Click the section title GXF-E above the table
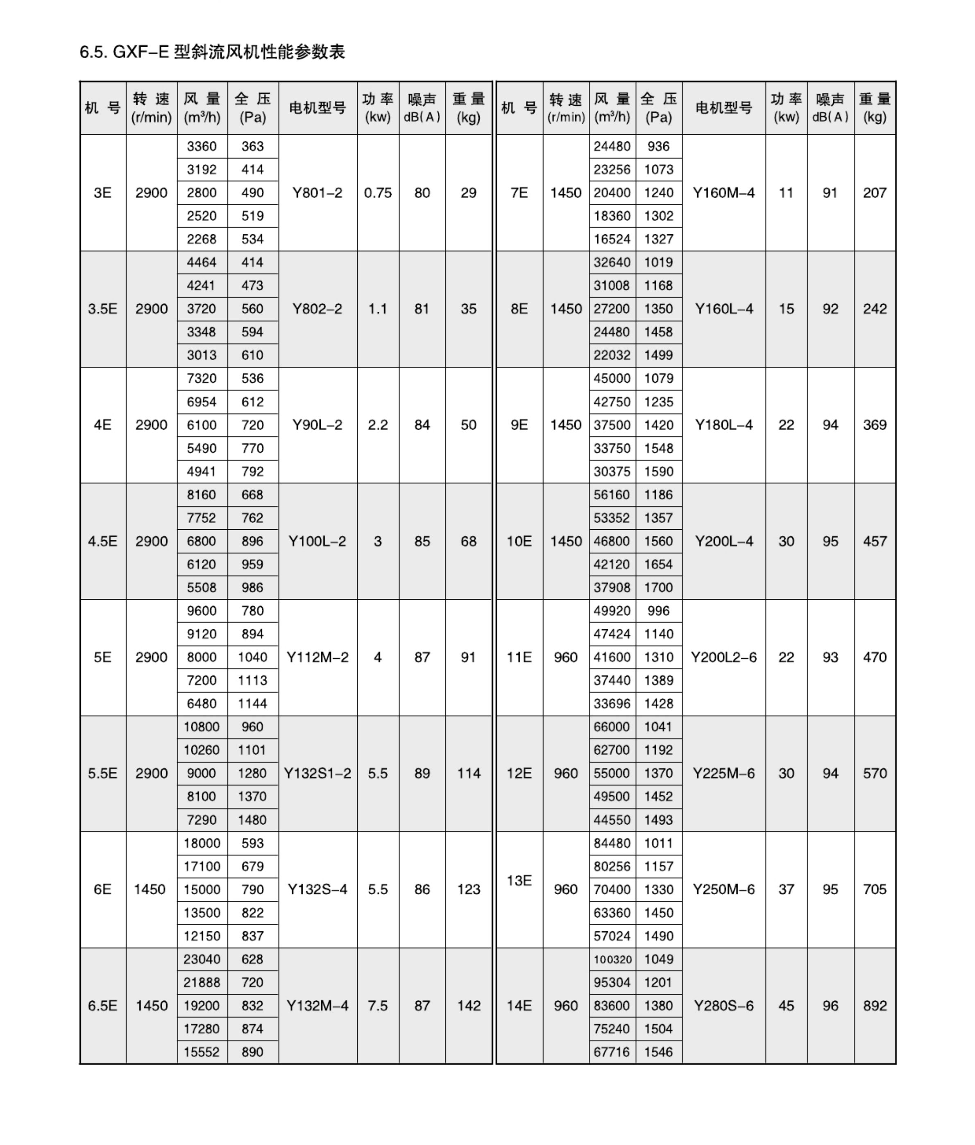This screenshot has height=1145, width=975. (x=212, y=52)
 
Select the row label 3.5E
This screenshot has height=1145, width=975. (x=102, y=309)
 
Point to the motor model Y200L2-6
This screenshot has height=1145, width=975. (x=723, y=657)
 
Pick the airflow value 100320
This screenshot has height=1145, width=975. (x=612, y=959)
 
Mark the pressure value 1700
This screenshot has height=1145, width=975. (x=658, y=587)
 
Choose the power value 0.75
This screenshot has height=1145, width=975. (x=378, y=193)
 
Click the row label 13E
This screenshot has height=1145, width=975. (x=519, y=881)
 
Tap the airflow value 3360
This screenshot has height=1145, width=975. (x=201, y=146)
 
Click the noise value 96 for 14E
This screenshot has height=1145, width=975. (x=830, y=1006)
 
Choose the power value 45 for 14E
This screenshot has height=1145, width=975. (x=786, y=1006)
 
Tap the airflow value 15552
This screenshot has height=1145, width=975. (x=201, y=1052)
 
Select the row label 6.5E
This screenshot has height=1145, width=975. (x=102, y=1006)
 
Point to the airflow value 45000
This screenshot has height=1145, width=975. (x=612, y=379)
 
